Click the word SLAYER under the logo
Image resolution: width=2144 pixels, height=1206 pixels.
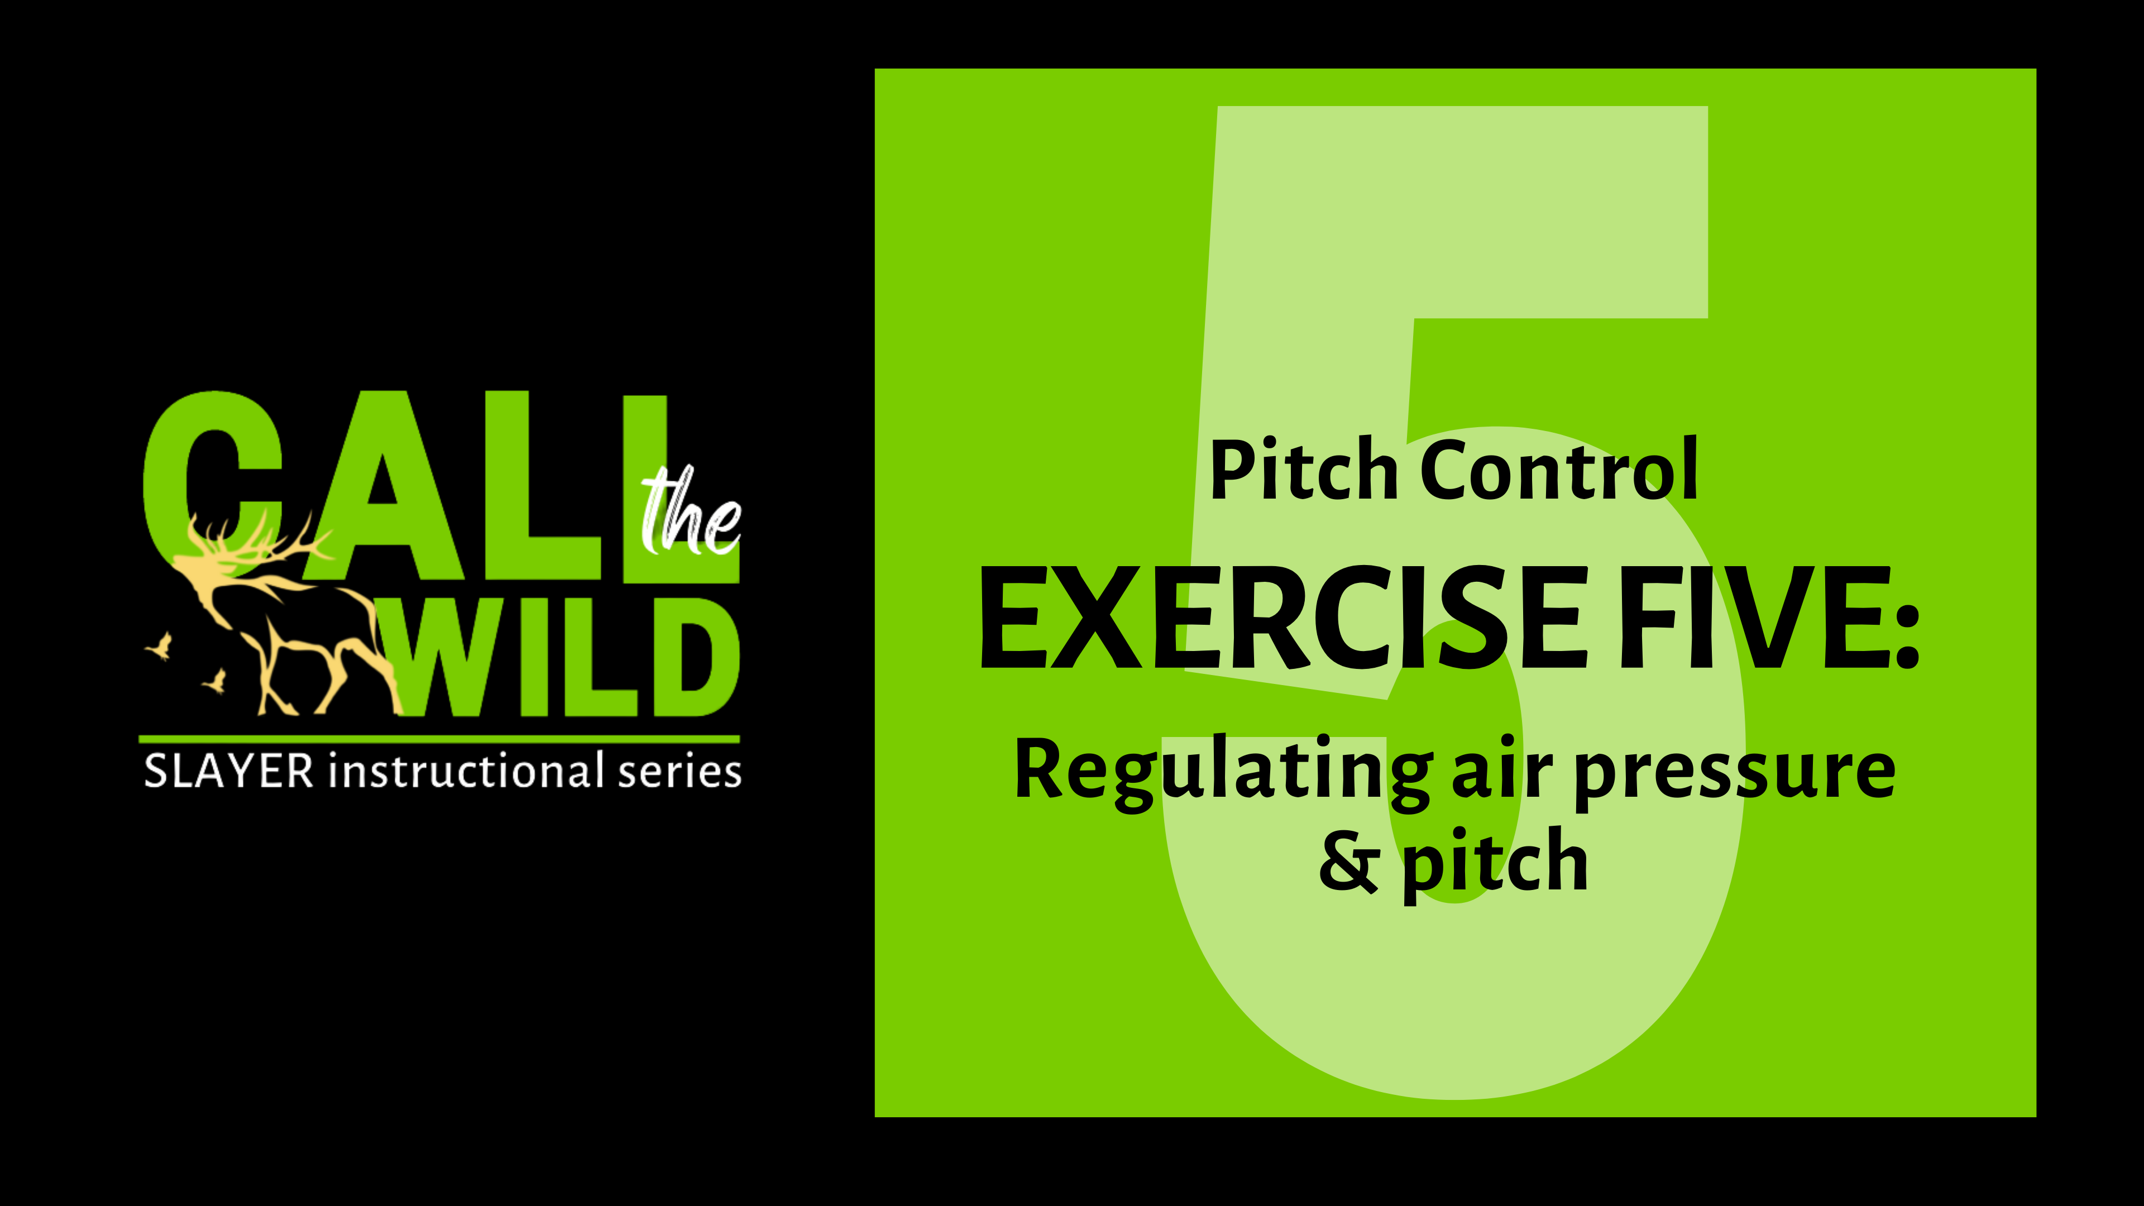[x=229, y=772]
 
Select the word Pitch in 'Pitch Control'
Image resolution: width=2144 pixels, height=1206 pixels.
[x=1303, y=471]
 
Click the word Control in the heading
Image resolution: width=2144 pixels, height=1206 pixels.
[x=1558, y=471]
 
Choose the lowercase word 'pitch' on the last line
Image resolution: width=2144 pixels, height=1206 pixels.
[x=1495, y=865]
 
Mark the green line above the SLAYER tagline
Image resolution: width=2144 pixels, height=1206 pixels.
[x=439, y=738]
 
